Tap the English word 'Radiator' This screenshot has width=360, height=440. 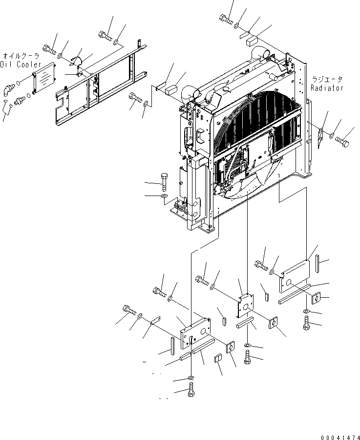(x=327, y=88)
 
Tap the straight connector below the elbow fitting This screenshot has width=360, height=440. (x=21, y=101)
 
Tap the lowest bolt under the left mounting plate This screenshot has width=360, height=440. (x=191, y=391)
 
